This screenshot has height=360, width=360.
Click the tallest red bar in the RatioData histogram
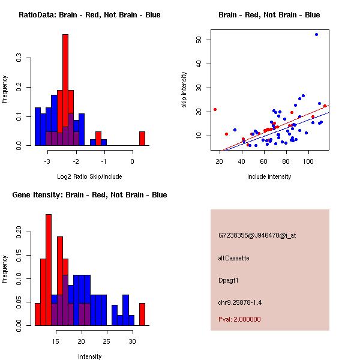(x=65, y=90)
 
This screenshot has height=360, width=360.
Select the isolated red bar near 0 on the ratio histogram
(x=142, y=139)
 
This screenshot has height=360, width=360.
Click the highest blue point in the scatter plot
(x=316, y=35)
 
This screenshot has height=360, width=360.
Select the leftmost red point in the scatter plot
(x=215, y=109)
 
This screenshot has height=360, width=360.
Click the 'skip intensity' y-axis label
(x=184, y=90)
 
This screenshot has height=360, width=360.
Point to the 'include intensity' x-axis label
(x=269, y=176)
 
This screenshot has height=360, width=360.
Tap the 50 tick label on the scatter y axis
(x=198, y=40)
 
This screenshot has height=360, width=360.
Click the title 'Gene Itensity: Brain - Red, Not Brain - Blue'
(x=89, y=195)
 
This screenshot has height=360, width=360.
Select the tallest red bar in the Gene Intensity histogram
(x=49, y=270)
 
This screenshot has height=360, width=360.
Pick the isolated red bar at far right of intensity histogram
(x=142, y=314)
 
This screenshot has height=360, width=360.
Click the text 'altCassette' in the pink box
(x=234, y=258)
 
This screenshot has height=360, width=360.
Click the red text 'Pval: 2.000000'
(x=239, y=319)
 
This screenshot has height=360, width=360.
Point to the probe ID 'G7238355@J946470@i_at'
(x=257, y=235)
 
